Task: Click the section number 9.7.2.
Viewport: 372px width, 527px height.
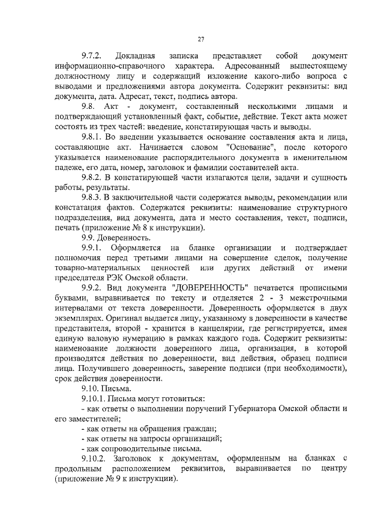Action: pyautogui.click(x=92, y=56)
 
